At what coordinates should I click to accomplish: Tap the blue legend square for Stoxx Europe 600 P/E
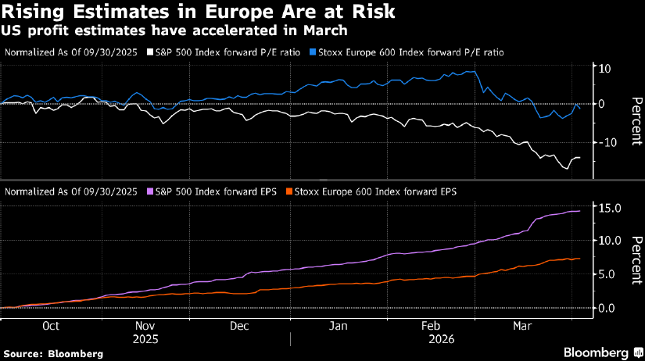(x=311, y=52)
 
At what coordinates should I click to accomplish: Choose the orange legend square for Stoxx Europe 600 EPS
(x=290, y=191)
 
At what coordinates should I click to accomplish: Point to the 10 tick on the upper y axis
(x=604, y=68)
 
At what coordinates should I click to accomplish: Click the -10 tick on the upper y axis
(x=602, y=141)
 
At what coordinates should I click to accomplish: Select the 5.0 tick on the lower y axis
(x=607, y=274)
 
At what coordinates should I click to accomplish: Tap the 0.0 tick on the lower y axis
(x=607, y=308)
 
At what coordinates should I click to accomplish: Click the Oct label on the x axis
(x=52, y=325)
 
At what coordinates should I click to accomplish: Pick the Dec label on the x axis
(x=239, y=325)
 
